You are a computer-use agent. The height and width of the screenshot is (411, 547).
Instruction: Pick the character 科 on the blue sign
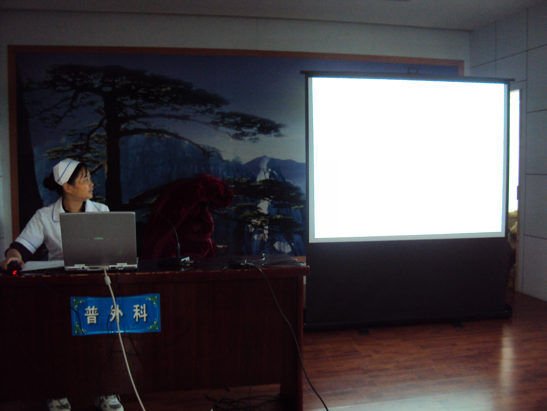(139, 313)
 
